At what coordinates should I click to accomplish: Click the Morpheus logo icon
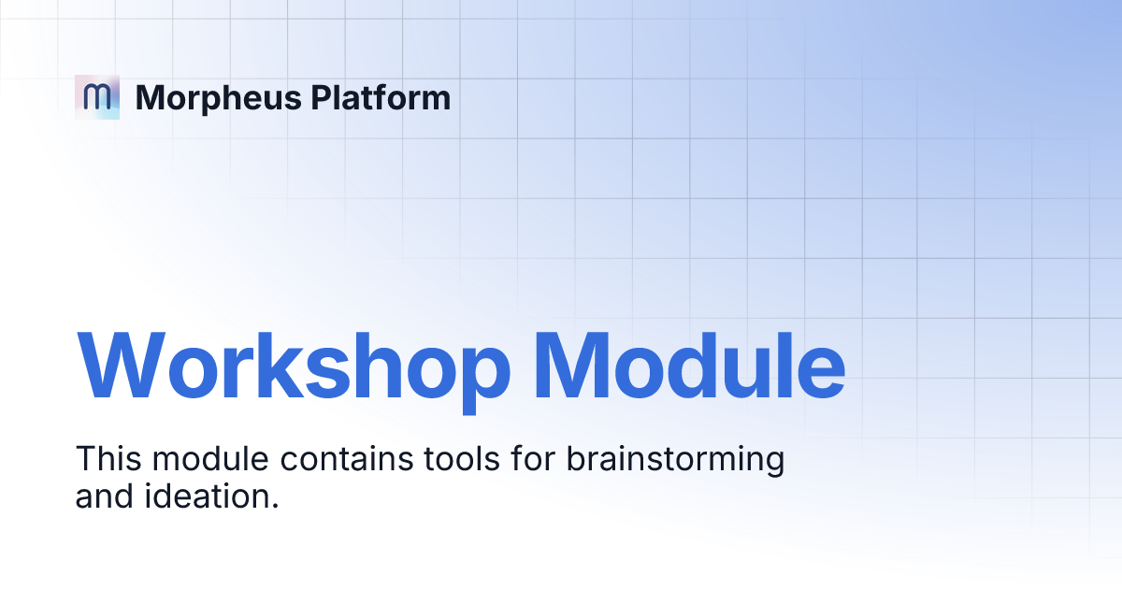point(97,96)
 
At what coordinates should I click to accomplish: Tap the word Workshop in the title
point(294,365)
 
